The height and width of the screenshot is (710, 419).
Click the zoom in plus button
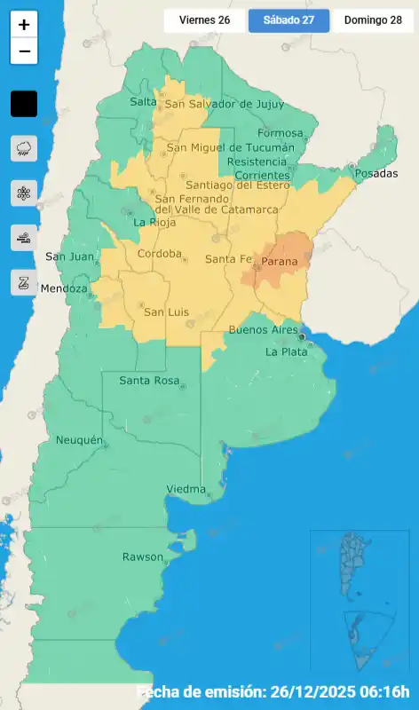(x=24, y=25)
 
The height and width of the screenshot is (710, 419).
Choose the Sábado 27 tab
(x=289, y=20)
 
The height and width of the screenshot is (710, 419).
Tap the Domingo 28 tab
(x=373, y=20)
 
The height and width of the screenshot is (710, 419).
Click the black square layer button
(x=24, y=104)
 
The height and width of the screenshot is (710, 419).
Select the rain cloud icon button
(x=24, y=148)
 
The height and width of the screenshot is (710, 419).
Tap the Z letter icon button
(x=24, y=282)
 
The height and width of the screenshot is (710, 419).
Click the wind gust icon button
(x=24, y=237)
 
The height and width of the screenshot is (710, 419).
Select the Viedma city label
(x=186, y=489)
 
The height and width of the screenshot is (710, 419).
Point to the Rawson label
(x=143, y=556)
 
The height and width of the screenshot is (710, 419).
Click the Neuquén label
(x=79, y=440)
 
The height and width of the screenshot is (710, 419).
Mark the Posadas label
(x=376, y=173)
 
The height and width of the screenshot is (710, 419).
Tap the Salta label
(x=143, y=101)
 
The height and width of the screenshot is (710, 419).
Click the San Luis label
(x=165, y=312)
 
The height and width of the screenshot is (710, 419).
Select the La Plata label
(x=286, y=351)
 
